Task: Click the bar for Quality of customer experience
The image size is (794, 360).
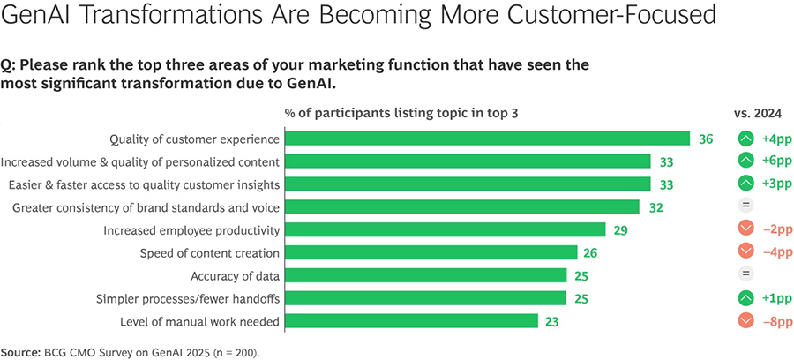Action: click(487, 139)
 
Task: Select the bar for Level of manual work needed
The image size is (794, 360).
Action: click(411, 321)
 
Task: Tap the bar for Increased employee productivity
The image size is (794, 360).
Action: click(445, 230)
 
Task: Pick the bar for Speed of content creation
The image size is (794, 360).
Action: click(431, 253)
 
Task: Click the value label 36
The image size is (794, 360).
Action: click(706, 139)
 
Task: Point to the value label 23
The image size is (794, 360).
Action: click(552, 321)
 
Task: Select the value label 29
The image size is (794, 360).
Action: click(621, 230)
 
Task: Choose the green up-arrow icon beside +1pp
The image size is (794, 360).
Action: click(745, 298)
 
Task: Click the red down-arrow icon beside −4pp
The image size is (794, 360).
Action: click(745, 253)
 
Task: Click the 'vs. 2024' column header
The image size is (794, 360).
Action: click(760, 113)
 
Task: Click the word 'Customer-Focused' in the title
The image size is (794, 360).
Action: click(621, 17)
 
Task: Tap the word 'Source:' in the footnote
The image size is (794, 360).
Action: click(19, 350)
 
